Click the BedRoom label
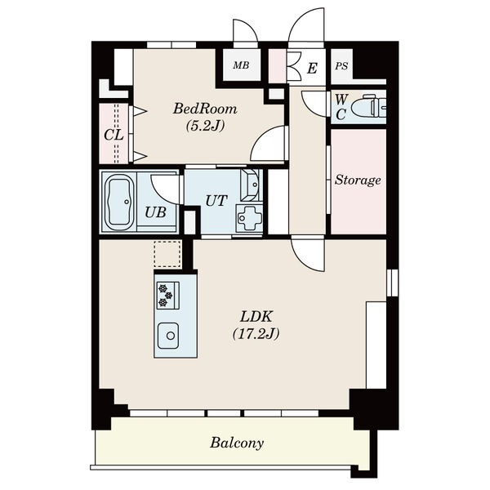pos(205,109)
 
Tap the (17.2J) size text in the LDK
pos(256,334)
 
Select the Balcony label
pos(237,443)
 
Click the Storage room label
pos(358,180)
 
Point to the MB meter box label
pos(241,65)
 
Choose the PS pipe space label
pos(341,66)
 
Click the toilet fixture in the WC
pos(369,106)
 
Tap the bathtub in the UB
pos(118,203)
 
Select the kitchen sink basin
pos(168,336)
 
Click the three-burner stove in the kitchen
pos(167,296)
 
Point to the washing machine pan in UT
pos(249,218)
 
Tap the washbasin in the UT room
pos(250,185)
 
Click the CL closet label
pos(114,136)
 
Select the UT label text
pos(216,201)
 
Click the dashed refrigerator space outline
pos(167,254)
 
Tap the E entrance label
pos(312,68)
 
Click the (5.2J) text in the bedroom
pos(205,126)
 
